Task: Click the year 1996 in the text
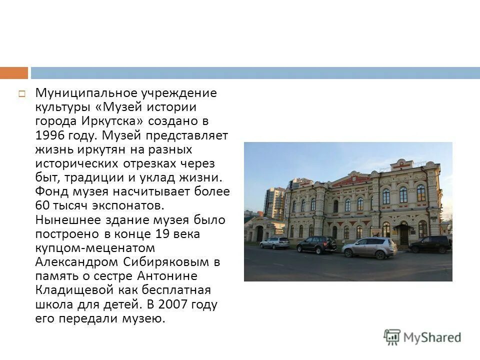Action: (x=50, y=135)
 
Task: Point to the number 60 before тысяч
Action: (x=42, y=206)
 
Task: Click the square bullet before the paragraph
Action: (x=22, y=93)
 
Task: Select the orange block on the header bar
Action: (x=14, y=73)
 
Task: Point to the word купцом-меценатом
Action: (x=95, y=248)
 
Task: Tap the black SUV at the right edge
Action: (x=430, y=244)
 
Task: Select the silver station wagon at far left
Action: (x=274, y=243)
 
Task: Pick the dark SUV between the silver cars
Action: (x=317, y=245)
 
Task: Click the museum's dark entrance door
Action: (x=403, y=235)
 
